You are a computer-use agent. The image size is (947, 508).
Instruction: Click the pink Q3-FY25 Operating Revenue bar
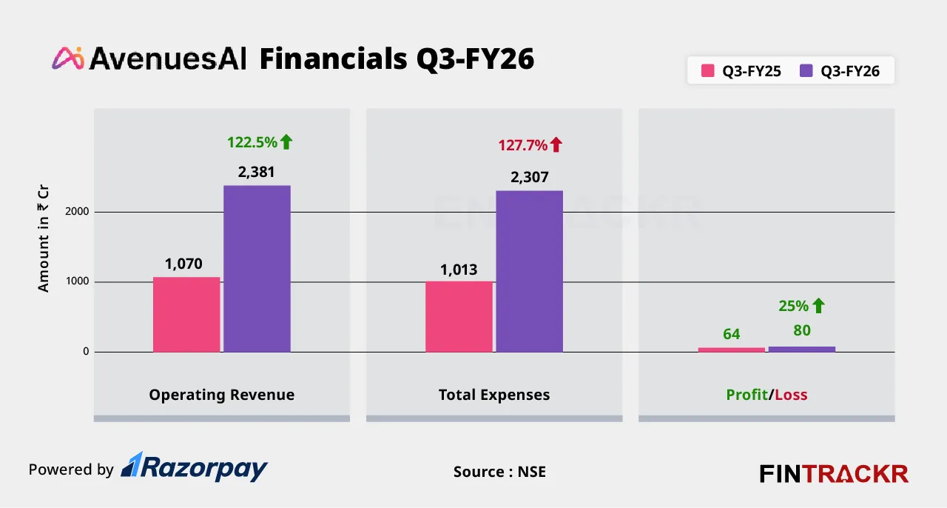[186, 314]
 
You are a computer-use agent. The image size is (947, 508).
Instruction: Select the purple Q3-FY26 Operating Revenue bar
[257, 268]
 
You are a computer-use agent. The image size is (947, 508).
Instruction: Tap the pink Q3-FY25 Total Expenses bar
[459, 316]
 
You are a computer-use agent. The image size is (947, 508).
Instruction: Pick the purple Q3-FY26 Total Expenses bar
[529, 271]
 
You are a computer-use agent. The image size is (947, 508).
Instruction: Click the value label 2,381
[257, 173]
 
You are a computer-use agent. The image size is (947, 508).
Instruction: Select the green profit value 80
[802, 330]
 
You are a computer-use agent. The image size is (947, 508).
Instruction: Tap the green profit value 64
[731, 334]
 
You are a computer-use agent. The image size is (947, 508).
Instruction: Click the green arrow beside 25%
[818, 305]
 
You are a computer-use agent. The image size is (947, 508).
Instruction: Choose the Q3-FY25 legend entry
[741, 72]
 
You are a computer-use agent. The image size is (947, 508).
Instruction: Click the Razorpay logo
[194, 468]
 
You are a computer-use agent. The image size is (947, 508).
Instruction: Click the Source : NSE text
[499, 472]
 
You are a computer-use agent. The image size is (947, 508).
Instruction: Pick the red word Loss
[791, 395]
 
